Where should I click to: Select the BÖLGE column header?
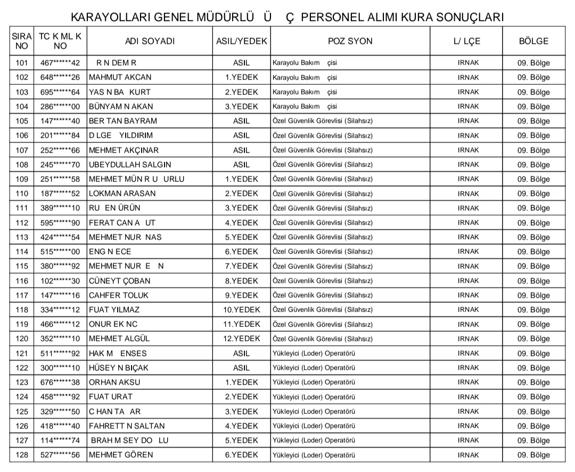(533, 41)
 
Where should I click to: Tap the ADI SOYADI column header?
(150, 41)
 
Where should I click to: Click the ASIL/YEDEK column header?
(241, 41)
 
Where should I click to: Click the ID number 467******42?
(60, 63)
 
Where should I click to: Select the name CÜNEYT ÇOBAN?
(120, 281)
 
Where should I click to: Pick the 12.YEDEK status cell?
(241, 339)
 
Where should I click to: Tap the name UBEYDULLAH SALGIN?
(130, 164)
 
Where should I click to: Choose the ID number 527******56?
(60, 455)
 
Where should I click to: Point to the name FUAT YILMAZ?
(114, 310)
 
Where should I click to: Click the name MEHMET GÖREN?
(121, 455)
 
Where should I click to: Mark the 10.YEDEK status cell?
(241, 310)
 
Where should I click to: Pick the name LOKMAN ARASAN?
(122, 194)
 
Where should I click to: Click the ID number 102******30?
(60, 281)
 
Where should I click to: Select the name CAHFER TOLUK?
(119, 295)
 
